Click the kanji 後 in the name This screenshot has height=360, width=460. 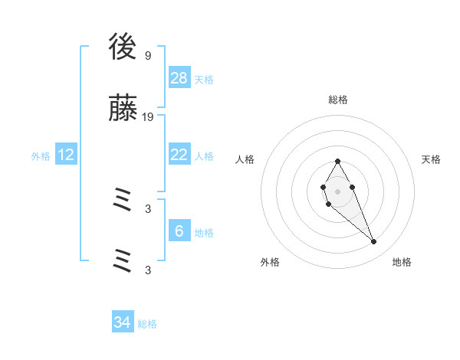click(x=123, y=50)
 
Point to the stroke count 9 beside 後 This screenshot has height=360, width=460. click(x=148, y=56)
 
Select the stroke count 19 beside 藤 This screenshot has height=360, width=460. click(x=148, y=117)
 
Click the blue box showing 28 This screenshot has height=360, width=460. click(x=179, y=78)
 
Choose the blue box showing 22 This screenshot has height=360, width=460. click(x=179, y=155)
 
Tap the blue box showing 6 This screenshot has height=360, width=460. click(x=179, y=231)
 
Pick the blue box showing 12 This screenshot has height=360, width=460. click(x=66, y=155)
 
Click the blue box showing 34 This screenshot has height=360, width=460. click(x=123, y=322)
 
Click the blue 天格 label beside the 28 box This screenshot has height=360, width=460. click(x=204, y=79)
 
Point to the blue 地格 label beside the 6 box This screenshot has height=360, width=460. click(x=204, y=232)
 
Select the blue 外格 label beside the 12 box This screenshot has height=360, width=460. click(x=41, y=155)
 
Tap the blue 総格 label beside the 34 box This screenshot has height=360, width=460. click(x=147, y=323)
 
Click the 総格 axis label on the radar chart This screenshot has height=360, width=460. click(x=338, y=100)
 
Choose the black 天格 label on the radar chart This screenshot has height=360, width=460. click(x=432, y=159)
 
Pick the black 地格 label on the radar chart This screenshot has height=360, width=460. click(x=402, y=262)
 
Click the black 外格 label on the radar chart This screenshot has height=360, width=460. click(x=270, y=262)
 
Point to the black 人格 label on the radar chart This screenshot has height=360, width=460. click(x=245, y=159)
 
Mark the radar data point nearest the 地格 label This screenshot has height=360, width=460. click(x=374, y=242)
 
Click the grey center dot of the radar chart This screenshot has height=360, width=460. click(x=337, y=191)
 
